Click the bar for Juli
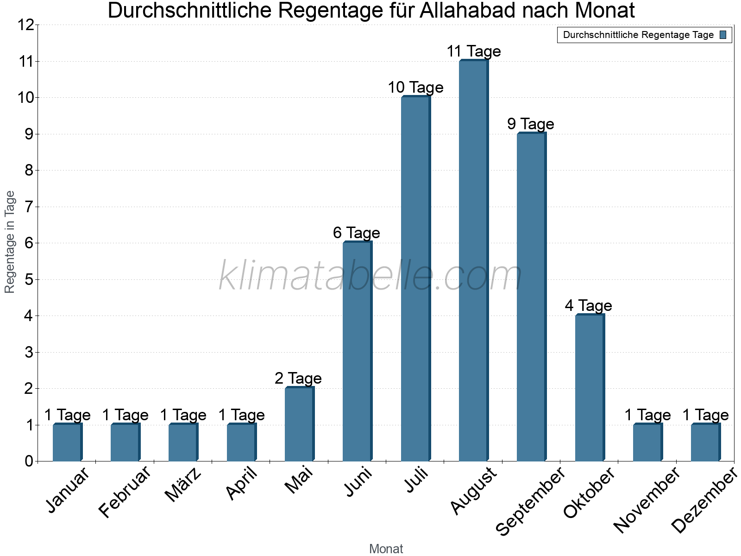tap(415, 278)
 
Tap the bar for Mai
tap(299, 424)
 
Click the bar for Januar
tap(67, 442)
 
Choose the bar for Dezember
tap(705, 442)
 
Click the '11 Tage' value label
tap(473, 51)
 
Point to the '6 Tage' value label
tap(357, 233)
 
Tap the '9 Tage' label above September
tap(531, 124)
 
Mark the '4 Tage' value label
tap(589, 305)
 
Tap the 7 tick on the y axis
tap(29, 207)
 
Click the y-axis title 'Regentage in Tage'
tap(10, 242)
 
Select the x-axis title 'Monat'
tap(386, 549)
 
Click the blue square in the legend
tap(723, 35)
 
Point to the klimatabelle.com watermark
tap(370, 276)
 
